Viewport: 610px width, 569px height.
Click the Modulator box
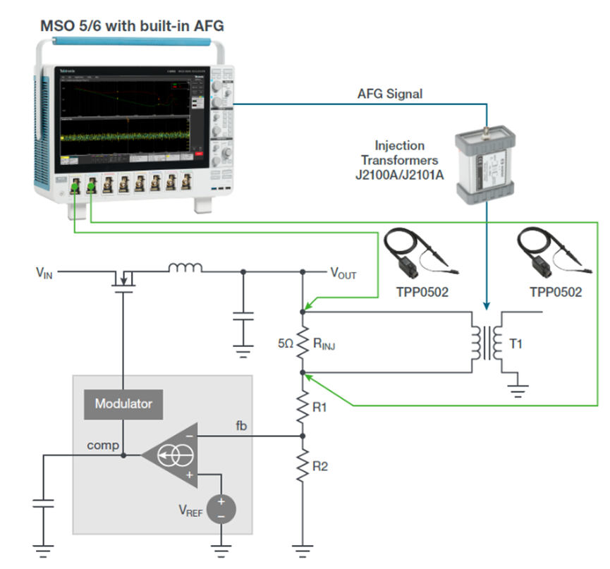(123, 404)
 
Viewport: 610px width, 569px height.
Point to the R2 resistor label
(320, 466)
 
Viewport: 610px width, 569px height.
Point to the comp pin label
(103, 445)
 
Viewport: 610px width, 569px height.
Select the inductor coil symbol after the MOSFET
(184, 268)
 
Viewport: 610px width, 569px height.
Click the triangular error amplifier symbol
(170, 455)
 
